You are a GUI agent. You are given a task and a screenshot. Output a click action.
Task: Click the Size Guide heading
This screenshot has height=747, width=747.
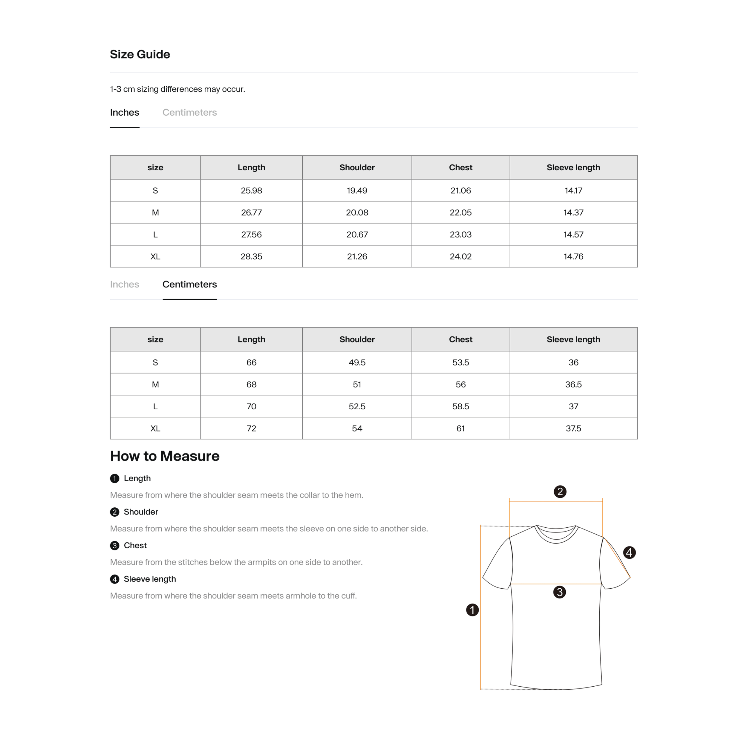[140, 54]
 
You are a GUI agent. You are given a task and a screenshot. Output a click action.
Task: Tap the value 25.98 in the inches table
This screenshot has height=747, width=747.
[251, 191]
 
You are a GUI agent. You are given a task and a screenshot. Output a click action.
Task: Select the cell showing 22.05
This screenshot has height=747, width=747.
[460, 213]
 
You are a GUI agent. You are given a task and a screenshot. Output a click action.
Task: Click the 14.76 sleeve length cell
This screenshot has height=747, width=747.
[573, 257]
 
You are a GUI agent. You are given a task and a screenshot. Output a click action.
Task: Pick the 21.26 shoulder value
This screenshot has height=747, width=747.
[357, 257]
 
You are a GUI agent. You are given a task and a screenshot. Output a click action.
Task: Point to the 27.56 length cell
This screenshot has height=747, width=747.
[251, 235]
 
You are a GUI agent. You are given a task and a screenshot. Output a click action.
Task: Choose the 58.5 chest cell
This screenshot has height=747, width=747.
[460, 407]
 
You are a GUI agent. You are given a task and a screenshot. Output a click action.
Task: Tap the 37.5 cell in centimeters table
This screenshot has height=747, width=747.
[573, 428]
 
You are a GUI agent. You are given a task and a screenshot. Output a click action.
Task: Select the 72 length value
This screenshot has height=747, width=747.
[251, 428]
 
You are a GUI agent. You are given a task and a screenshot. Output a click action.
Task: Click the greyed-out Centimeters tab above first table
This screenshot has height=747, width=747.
[189, 113]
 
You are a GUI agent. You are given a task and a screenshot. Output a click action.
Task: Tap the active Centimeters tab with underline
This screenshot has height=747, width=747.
[189, 284]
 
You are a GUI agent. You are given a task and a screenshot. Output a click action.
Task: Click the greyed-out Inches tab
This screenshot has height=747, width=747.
[125, 284]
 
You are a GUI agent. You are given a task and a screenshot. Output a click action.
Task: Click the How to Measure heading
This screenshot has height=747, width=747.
[165, 456]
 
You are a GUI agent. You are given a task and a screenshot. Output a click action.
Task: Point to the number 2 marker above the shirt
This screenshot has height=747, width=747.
[560, 492]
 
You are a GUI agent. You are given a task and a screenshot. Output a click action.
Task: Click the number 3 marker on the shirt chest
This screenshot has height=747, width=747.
[559, 592]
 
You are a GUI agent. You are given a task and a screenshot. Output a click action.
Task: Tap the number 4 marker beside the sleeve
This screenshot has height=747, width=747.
[630, 552]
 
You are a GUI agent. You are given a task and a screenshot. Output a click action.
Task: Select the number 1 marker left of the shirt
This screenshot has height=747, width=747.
[472, 610]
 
